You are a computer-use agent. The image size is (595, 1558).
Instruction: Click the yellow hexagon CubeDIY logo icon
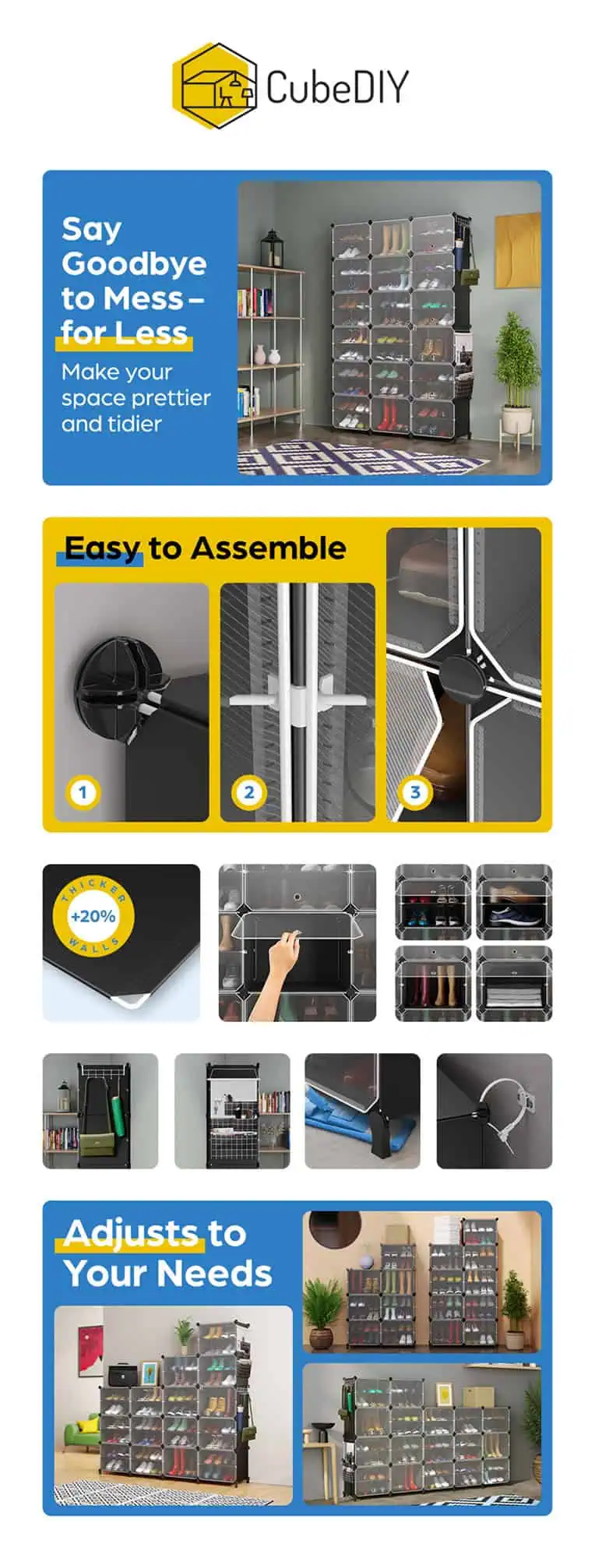click(214, 86)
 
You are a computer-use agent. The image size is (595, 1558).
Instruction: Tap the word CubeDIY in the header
click(337, 86)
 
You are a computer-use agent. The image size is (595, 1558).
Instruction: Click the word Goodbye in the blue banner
click(134, 265)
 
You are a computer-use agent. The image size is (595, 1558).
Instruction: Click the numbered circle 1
click(83, 793)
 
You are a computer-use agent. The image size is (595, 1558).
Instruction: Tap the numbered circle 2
click(249, 793)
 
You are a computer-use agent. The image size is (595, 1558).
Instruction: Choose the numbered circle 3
click(415, 793)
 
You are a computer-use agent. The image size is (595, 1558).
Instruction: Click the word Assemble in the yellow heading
click(269, 548)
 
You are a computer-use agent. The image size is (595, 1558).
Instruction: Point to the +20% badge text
click(93, 916)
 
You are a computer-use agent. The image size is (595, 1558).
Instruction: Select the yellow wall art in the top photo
click(517, 249)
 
